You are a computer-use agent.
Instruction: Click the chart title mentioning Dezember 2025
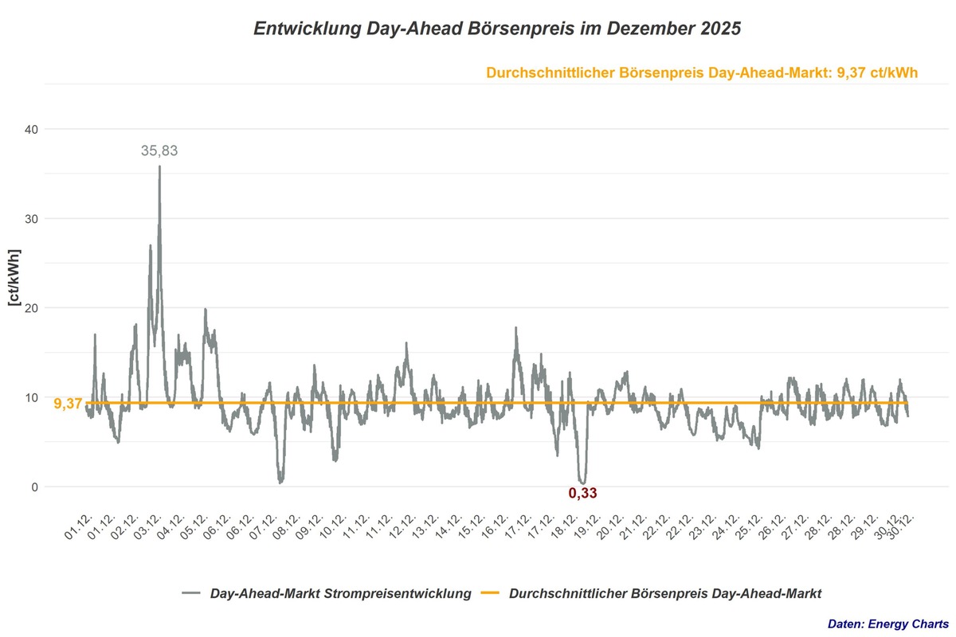497,29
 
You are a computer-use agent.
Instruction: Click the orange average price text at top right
701,72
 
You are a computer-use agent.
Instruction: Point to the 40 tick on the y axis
33,129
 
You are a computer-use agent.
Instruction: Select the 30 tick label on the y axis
33,219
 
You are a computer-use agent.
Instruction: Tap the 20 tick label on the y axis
33,308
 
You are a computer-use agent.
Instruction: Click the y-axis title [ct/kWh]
14,277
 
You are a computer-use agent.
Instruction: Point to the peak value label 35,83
159,150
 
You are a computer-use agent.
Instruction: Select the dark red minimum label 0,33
582,494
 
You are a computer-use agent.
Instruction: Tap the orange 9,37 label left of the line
68,404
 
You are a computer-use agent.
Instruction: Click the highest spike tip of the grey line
159,166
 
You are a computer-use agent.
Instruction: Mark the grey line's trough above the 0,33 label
582,482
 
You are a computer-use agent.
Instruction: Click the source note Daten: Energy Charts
887,623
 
